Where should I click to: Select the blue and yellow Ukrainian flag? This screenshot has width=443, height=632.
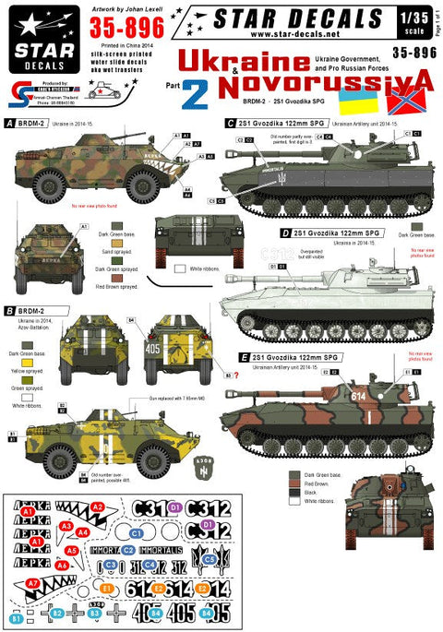(x=353, y=99)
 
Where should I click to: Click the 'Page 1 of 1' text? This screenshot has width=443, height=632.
(x=437, y=18)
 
